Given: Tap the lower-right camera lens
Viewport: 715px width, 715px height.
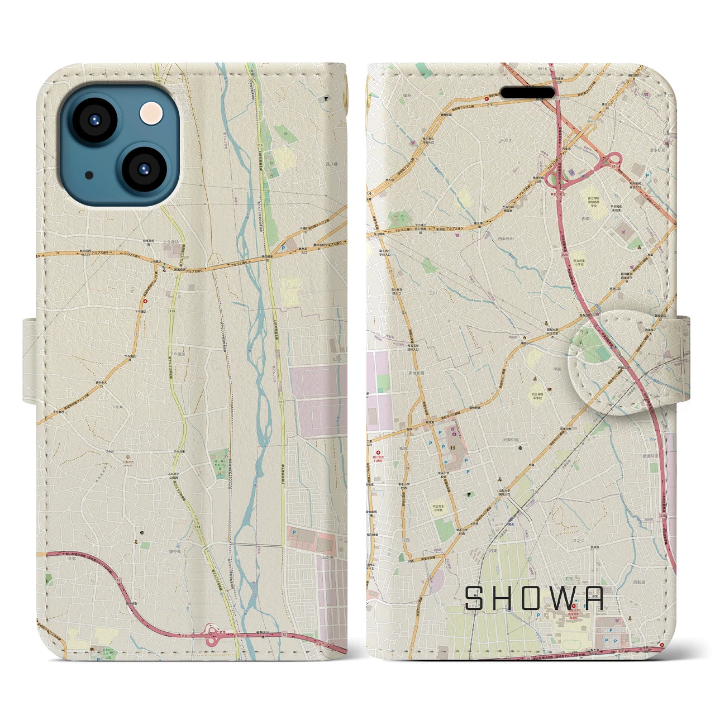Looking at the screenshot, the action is pyautogui.click(x=143, y=168).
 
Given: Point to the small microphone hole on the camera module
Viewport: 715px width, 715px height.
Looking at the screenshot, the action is pyautogui.click(x=89, y=175).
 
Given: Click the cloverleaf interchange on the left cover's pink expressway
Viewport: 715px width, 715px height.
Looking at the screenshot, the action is pyautogui.click(x=212, y=635).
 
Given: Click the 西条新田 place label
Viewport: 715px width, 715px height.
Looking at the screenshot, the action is pyautogui.click(x=506, y=239).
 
